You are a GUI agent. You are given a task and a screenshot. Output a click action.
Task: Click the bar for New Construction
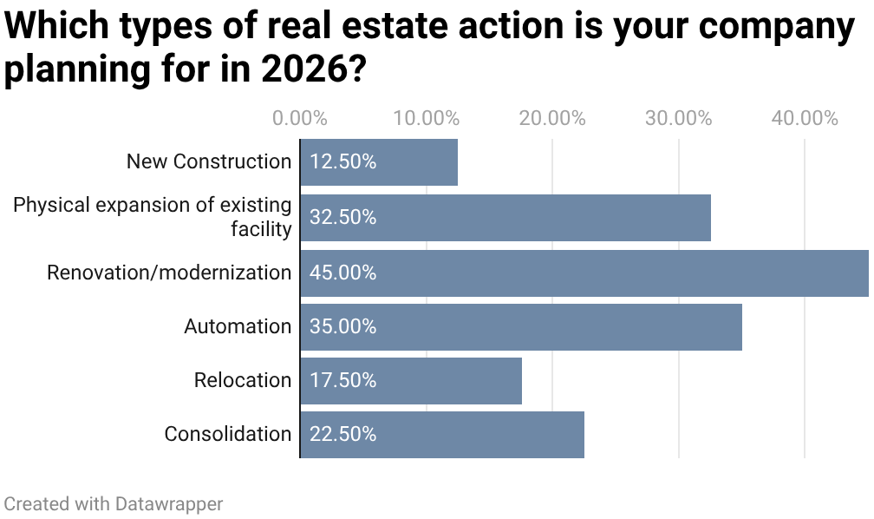[x=379, y=162]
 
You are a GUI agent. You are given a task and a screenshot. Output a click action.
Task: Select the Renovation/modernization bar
[x=584, y=273]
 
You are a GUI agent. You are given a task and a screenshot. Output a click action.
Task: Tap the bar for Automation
[x=521, y=327]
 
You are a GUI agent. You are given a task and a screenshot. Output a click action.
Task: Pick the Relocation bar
[x=411, y=381]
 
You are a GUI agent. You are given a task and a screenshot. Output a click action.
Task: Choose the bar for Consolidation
[x=442, y=435]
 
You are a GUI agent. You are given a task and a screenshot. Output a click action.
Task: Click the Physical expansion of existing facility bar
[x=505, y=218]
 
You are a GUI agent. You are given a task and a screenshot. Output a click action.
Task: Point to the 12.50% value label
[x=343, y=162]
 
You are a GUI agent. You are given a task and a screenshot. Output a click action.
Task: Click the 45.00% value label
[x=343, y=273]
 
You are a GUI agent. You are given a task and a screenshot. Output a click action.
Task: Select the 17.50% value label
[x=343, y=381]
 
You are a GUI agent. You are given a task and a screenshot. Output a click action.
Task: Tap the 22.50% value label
[x=343, y=435]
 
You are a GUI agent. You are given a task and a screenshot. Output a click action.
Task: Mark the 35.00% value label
[x=343, y=327]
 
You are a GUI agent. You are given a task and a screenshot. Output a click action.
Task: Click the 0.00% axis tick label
[x=300, y=119]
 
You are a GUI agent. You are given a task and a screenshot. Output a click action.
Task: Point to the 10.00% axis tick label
[x=426, y=119]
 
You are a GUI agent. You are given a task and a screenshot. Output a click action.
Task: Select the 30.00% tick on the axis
[x=678, y=119]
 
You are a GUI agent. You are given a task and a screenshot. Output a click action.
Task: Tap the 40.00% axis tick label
[x=805, y=119]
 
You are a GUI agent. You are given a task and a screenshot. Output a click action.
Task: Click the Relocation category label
[x=243, y=381]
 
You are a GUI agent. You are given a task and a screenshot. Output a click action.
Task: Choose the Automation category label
[x=238, y=327]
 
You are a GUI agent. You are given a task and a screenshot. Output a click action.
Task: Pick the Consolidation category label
[x=228, y=435]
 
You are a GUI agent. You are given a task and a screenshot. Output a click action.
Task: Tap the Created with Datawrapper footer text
[x=114, y=504]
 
